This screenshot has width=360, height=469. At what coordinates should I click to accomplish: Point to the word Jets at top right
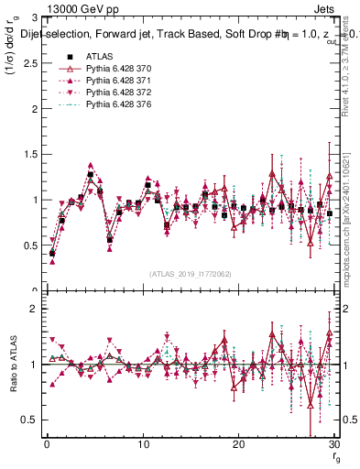(327, 8)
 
